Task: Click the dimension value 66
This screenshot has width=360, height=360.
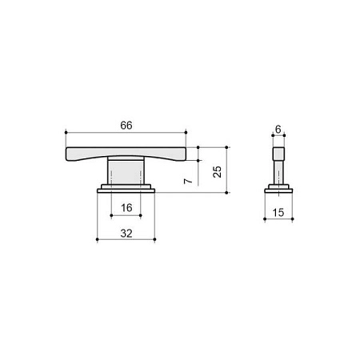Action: tap(126, 125)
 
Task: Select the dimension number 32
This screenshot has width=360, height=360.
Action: tap(126, 234)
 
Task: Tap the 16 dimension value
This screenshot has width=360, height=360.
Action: tap(126, 208)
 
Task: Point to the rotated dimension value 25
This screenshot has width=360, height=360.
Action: tap(218, 172)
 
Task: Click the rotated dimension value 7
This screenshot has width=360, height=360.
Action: tap(188, 181)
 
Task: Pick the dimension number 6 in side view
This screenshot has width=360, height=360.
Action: tap(278, 130)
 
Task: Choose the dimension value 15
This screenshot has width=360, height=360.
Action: tap(278, 213)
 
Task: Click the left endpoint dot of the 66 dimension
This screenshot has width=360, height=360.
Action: tap(66, 132)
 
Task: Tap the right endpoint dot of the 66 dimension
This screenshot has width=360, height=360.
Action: tap(186, 132)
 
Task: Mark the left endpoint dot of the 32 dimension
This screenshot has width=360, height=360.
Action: tap(97, 239)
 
